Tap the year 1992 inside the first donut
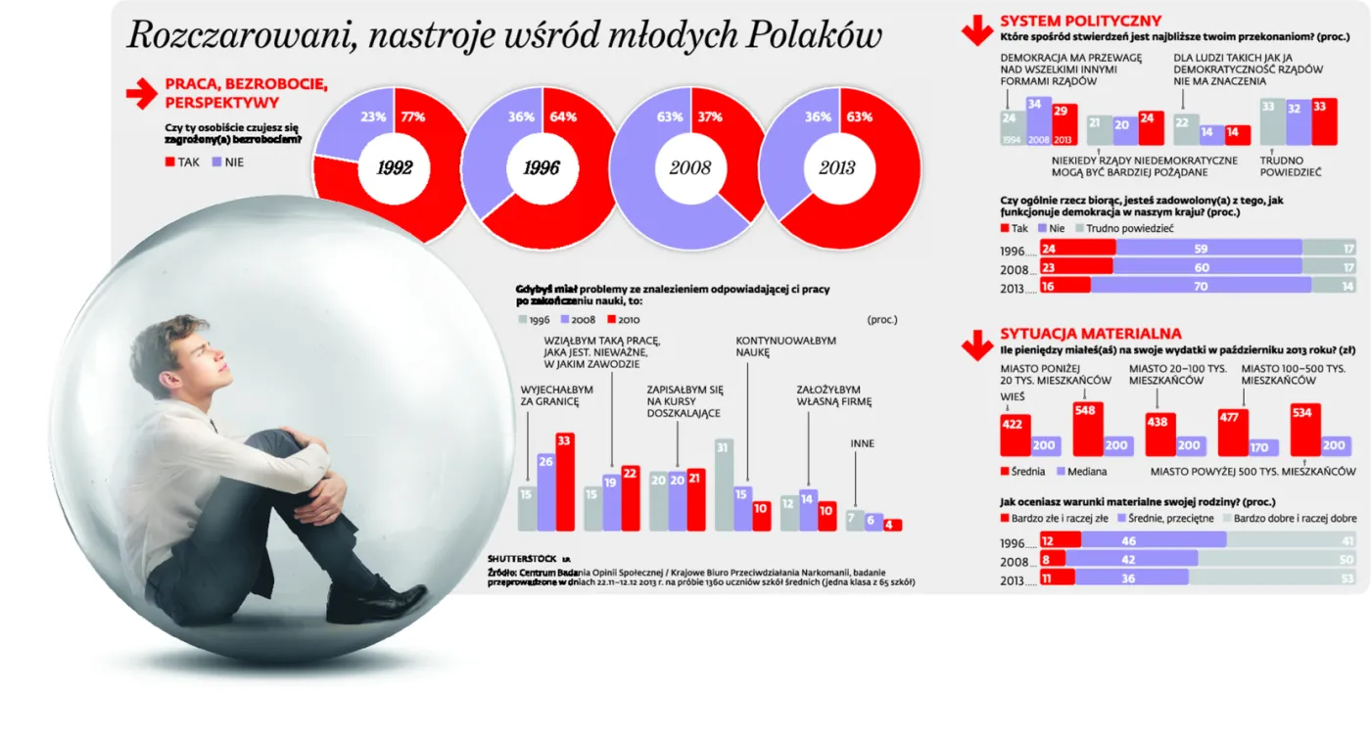[395, 167]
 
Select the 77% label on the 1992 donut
[412, 116]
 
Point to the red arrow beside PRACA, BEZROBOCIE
[141, 94]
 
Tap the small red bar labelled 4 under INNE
[892, 525]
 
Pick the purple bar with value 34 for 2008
[1033, 120]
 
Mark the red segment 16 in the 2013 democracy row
[1065, 287]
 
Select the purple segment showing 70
[1201, 287]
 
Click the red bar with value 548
[1087, 429]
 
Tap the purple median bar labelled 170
[1259, 447]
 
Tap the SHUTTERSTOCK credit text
[522, 558]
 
